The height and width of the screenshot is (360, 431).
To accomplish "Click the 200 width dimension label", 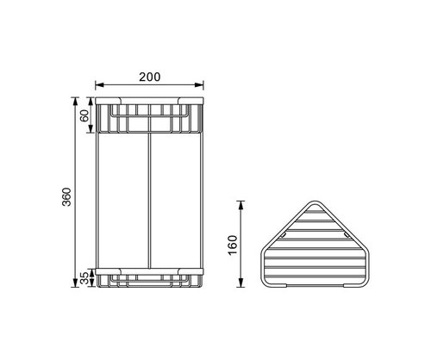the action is (150, 77).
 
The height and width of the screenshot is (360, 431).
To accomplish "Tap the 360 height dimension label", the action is (66, 196).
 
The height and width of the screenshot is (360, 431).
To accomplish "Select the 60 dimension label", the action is (84, 115).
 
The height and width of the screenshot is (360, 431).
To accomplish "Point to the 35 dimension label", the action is (84, 278).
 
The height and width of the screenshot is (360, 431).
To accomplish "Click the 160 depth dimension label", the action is (233, 245).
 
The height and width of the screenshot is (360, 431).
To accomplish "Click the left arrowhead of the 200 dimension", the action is (99, 84).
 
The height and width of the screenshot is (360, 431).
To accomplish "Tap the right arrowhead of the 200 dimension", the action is (199, 84).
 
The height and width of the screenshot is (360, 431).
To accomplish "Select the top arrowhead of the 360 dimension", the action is (75, 102).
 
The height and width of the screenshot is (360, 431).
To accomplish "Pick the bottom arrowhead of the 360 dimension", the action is (75, 282).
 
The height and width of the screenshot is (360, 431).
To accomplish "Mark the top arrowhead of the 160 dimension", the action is (240, 205).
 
